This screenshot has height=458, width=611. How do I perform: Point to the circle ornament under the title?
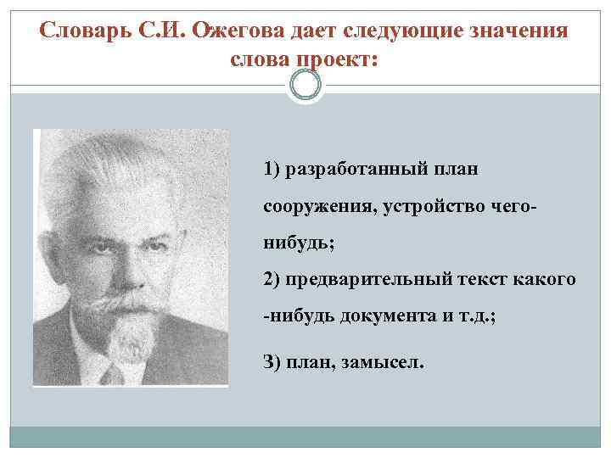[305, 85]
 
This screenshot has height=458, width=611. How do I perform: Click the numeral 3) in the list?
[273, 362]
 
